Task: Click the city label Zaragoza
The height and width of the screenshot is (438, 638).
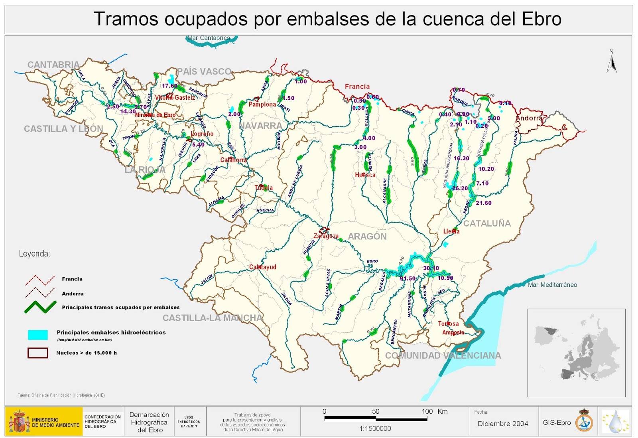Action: [326, 236]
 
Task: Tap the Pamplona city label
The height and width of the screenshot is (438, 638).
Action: [262, 105]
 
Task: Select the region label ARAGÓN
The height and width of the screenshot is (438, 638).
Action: [367, 237]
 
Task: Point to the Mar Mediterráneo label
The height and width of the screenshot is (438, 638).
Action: [552, 285]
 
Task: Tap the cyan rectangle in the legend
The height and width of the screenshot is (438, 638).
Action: [38, 335]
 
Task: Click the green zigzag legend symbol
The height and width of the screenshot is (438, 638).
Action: [40, 307]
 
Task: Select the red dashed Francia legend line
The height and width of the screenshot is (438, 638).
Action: [40, 280]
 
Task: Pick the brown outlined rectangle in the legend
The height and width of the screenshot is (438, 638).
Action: [38, 353]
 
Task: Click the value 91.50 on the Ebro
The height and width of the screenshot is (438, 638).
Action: [408, 278]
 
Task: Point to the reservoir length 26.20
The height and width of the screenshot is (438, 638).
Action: [460, 188]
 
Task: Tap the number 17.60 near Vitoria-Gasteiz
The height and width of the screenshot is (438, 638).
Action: [169, 86]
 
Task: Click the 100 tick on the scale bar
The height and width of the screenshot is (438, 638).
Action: [427, 412]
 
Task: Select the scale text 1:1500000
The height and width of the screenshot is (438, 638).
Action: [375, 428]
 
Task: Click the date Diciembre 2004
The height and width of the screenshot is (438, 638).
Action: [503, 424]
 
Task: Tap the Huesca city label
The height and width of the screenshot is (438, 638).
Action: [365, 175]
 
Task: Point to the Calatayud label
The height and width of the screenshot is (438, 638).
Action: [262, 267]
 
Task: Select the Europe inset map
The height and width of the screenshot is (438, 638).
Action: [576, 353]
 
